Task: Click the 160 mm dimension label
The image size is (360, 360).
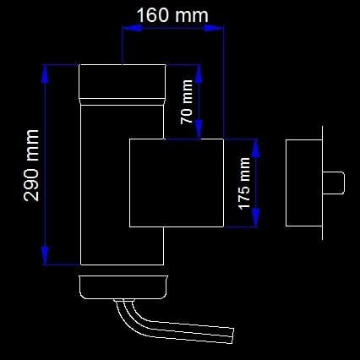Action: [172, 15]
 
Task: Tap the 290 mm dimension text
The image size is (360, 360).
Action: [31, 166]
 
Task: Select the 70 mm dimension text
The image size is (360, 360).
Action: [187, 102]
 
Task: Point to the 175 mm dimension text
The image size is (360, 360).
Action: [244, 183]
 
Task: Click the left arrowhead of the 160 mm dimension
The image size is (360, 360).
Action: [132, 28]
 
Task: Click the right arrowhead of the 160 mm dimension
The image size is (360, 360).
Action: [214, 28]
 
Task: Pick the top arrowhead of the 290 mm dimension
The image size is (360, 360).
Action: [45, 74]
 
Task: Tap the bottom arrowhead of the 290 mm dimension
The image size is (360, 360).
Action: [45, 255]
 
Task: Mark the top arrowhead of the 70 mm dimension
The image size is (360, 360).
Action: [199, 74]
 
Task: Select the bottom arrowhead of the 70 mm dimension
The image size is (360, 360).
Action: [199, 129]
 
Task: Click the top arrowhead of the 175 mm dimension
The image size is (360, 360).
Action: [256, 148]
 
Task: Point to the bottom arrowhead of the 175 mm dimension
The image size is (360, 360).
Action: [256, 217]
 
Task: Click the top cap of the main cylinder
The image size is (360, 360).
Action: [123, 82]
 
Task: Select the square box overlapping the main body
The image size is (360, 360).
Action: [177, 183]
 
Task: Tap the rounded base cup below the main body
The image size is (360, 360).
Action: [123, 287]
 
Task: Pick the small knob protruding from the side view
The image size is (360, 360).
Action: [334, 183]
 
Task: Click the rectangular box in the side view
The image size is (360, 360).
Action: [304, 183]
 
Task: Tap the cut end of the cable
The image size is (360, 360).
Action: [232, 335]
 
